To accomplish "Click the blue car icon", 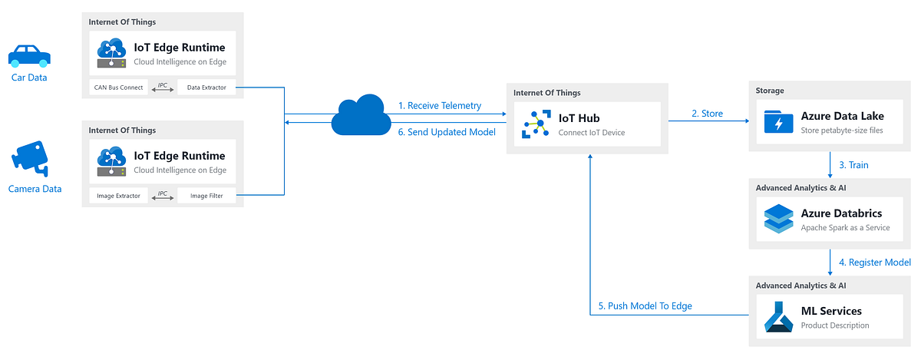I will tap(29, 55).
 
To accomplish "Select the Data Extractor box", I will tap(206, 88).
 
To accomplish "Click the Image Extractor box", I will tap(119, 196).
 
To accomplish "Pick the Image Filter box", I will tap(206, 196).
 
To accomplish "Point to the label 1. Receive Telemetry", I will tap(440, 106).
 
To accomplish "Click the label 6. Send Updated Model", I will tap(446, 132).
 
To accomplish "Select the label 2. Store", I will tap(707, 114).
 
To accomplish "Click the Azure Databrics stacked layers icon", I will tap(778, 219).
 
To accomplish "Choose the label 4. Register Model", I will tap(874, 263).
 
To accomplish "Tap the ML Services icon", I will tap(778, 317).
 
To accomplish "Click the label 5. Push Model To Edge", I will tap(645, 306).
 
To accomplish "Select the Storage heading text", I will tap(770, 91).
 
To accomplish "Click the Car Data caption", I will tap(29, 77).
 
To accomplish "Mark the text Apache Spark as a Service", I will tap(845, 228).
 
